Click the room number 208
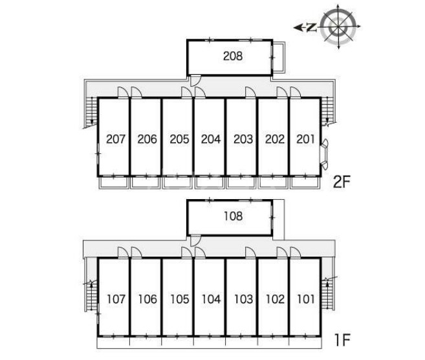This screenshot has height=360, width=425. (x=233, y=56)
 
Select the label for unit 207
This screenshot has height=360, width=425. (x=116, y=139)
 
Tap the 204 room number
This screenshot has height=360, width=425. (x=211, y=139)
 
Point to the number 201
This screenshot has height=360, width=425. (x=305, y=139)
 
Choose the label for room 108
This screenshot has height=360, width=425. (x=233, y=216)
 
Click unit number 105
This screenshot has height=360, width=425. (x=179, y=299)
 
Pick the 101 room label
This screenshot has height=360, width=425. (x=306, y=299)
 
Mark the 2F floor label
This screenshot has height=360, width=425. (x=342, y=182)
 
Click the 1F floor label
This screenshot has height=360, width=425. (x=343, y=340)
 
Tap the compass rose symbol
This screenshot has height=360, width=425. (x=338, y=26)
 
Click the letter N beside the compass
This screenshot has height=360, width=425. (x=312, y=27)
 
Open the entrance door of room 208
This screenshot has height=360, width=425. (x=195, y=80)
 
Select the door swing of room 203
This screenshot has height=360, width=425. (x=250, y=92)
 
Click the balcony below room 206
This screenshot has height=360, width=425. (x=146, y=182)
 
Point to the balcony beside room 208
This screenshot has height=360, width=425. (x=279, y=57)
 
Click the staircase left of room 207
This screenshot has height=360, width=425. (x=91, y=112)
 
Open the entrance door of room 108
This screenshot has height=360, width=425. (x=195, y=240)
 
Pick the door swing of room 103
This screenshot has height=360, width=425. (x=250, y=252)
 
